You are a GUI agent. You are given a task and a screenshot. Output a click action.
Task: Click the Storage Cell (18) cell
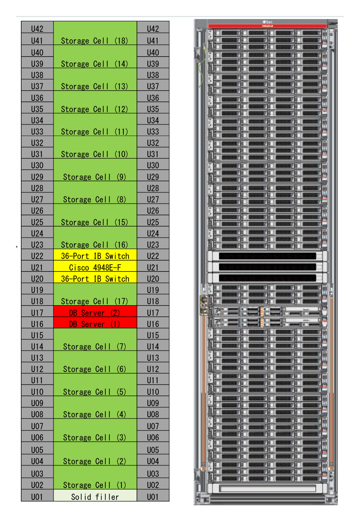pyautogui.click(x=95, y=33)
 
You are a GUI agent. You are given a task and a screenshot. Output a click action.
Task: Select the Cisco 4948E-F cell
pyautogui.click(x=95, y=267)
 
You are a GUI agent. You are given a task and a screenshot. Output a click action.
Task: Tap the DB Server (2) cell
pyautogui.click(x=95, y=312)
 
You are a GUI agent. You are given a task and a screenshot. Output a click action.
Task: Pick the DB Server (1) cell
pyautogui.click(x=95, y=324)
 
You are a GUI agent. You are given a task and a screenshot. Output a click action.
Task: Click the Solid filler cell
pyautogui.click(x=95, y=496)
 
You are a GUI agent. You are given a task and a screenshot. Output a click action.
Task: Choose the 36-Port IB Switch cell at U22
pyautogui.click(x=95, y=256)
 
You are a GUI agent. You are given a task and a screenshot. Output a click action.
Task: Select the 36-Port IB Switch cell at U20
pyautogui.click(x=95, y=279)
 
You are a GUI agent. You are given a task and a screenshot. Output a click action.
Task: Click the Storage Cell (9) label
pyautogui.click(x=95, y=177)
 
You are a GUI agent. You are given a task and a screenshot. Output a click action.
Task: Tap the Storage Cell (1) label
pyautogui.click(x=95, y=485)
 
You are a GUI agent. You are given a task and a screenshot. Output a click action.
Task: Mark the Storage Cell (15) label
pyautogui.click(x=95, y=222)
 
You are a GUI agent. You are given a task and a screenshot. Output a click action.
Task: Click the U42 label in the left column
pyautogui.click(x=37, y=29)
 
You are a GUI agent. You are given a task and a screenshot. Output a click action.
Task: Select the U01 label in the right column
pyautogui.click(x=153, y=497)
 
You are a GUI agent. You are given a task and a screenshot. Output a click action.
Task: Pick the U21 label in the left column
pyautogui.click(x=37, y=267)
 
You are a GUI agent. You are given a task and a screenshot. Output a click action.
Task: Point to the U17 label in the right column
pyautogui.click(x=153, y=312)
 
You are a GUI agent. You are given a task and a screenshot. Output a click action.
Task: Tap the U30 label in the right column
pyautogui.click(x=153, y=165)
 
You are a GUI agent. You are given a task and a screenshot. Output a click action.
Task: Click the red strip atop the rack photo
pyautogui.click(x=267, y=26)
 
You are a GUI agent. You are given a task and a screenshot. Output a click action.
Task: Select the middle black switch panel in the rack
pyautogui.click(x=267, y=267)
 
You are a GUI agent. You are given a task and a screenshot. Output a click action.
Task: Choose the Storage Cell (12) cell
pyautogui.click(x=95, y=103)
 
